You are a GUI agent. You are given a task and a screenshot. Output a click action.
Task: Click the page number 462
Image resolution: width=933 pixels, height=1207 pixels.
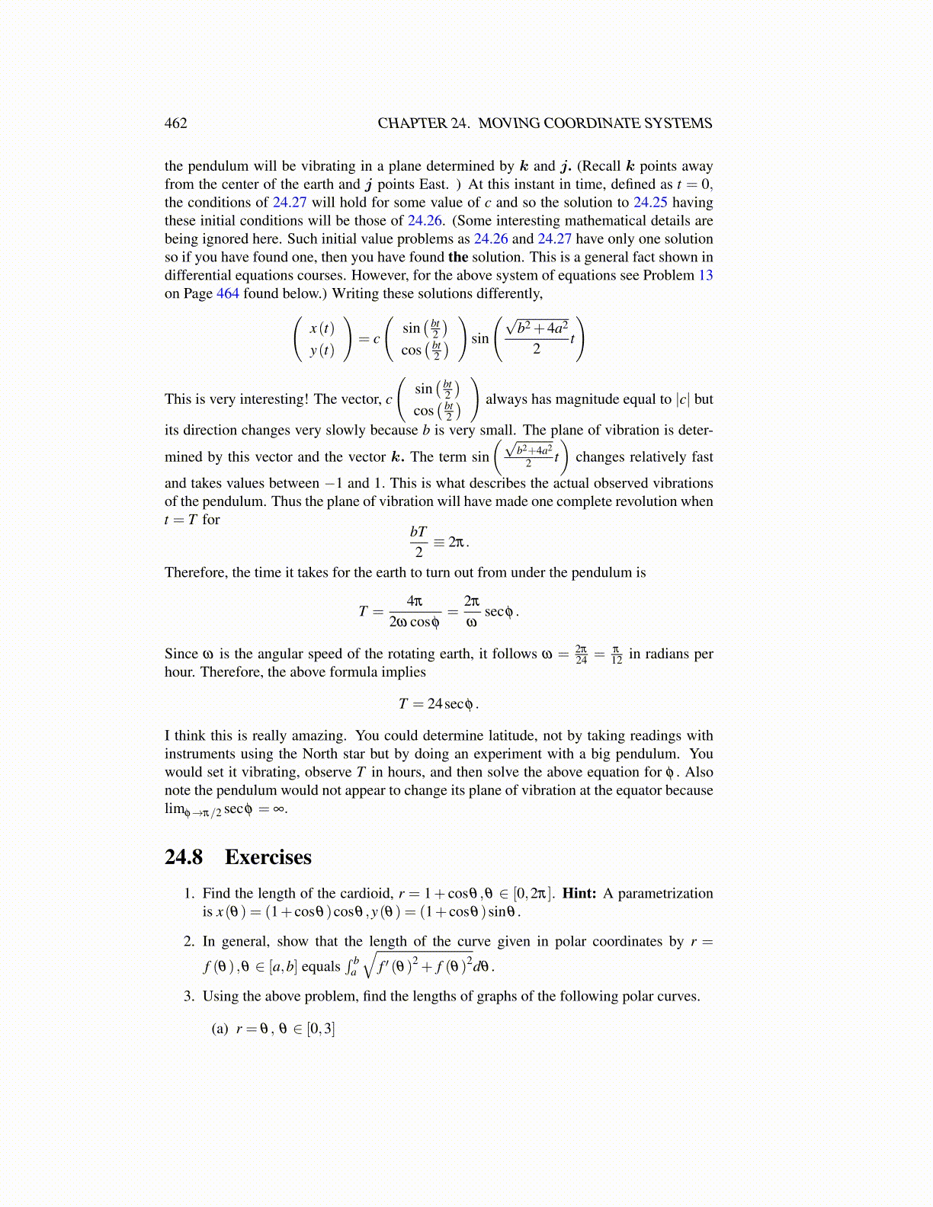(x=175, y=123)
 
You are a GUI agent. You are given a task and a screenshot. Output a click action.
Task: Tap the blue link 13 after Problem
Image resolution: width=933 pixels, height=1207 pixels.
(x=705, y=275)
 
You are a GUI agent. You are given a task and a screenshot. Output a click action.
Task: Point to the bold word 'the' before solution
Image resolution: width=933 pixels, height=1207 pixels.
(x=458, y=257)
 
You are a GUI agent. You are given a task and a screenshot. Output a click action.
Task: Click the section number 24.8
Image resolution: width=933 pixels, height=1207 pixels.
(x=184, y=857)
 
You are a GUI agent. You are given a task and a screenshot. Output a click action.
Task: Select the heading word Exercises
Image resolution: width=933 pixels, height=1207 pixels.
(x=268, y=857)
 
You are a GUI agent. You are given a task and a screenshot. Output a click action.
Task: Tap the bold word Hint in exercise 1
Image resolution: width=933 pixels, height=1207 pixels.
(x=579, y=893)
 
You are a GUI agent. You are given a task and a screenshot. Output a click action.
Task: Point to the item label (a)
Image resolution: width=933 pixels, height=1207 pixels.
(x=220, y=1029)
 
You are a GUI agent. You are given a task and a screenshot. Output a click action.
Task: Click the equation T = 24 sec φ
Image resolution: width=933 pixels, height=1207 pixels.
(x=438, y=704)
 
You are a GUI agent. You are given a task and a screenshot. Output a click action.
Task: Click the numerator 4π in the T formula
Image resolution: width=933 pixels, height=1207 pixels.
(x=415, y=601)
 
